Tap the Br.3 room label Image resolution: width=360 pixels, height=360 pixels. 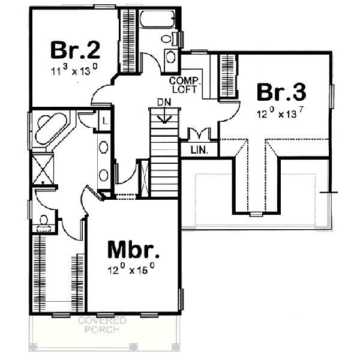tap(282, 93)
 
